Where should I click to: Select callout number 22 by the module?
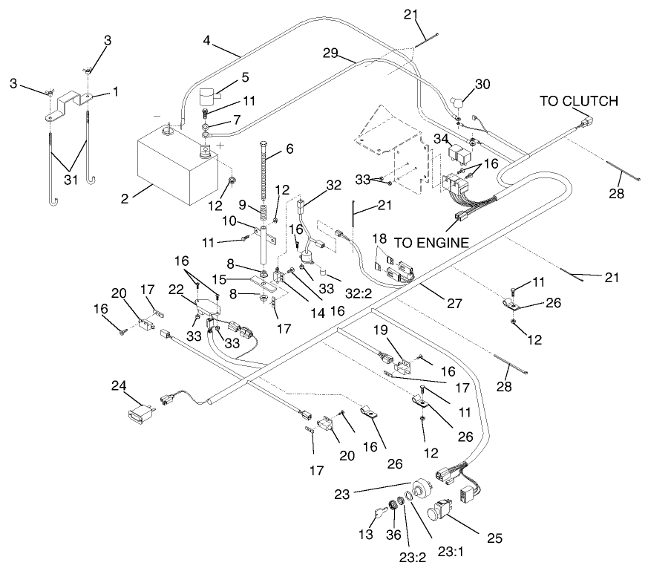(x=177, y=290)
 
